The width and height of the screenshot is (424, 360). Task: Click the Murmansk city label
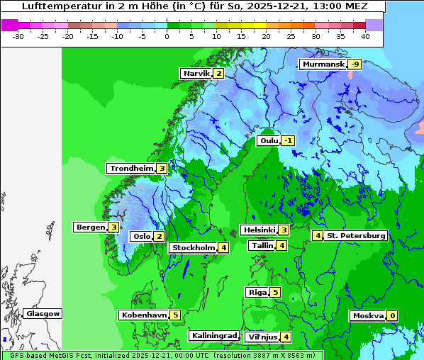323,64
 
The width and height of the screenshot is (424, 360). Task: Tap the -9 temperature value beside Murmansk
355,64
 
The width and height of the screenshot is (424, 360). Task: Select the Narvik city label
196,74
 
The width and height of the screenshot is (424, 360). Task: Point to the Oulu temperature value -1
287,141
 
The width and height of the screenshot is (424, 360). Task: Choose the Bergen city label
90,227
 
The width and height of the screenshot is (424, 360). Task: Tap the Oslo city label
141,237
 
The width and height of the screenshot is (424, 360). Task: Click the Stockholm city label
193,248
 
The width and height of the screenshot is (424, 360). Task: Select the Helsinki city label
259,230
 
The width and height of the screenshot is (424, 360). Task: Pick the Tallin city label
262,246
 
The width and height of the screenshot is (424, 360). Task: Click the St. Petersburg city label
355,236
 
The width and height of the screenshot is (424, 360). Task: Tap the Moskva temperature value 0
392,316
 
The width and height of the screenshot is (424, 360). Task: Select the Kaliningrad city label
213,336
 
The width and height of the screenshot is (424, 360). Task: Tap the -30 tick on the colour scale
18,35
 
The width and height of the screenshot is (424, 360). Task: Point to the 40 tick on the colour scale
364,35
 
